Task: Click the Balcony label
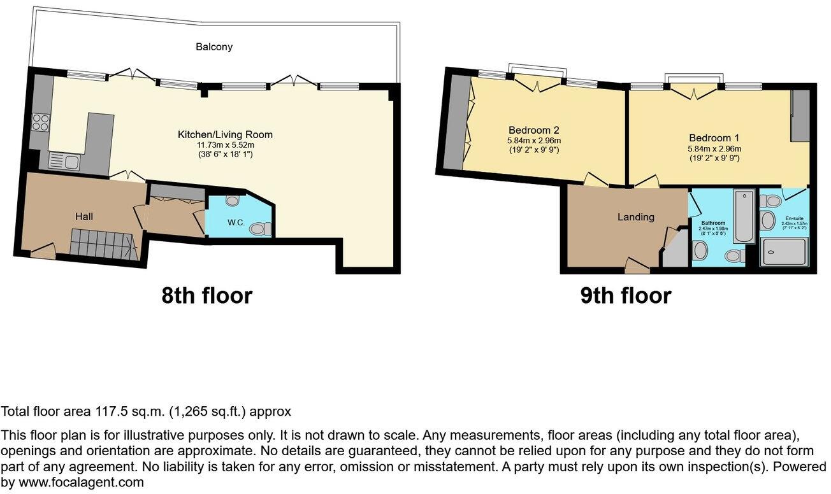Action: tap(213, 46)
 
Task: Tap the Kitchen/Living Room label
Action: tap(225, 134)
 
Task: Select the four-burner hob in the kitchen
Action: tap(40, 121)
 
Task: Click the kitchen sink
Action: tap(62, 162)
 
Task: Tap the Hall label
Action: tap(83, 216)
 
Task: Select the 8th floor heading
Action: tap(206, 295)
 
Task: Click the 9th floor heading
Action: tap(625, 295)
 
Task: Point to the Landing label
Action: tap(635, 217)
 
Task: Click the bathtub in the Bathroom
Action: tap(743, 216)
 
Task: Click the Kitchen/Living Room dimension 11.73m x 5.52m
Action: tap(225, 145)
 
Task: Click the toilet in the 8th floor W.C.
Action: tap(259, 229)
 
